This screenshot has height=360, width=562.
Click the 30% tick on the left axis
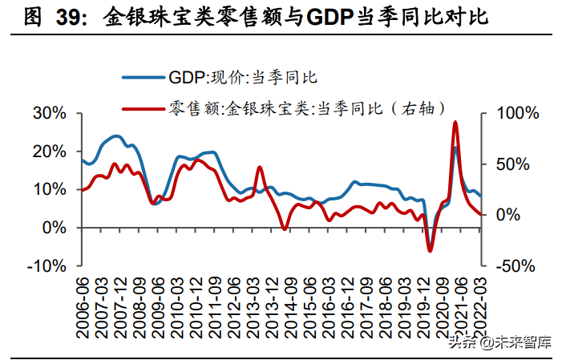pos(49,113)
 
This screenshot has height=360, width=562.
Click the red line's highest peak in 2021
pos(455,122)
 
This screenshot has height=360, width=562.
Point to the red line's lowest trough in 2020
pos(430,251)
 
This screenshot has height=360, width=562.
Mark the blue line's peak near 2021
pos(455,148)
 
